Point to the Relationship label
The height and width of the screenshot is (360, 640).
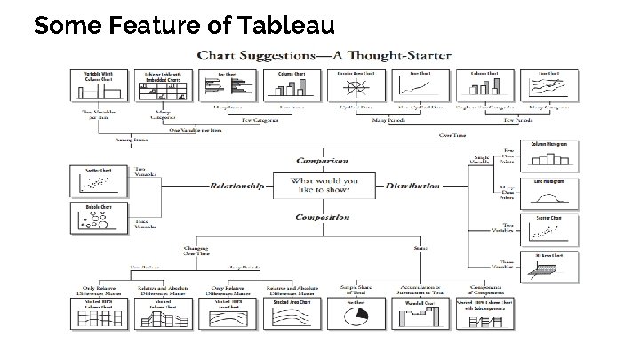[237, 187]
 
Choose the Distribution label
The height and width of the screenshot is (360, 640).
[412, 187]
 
